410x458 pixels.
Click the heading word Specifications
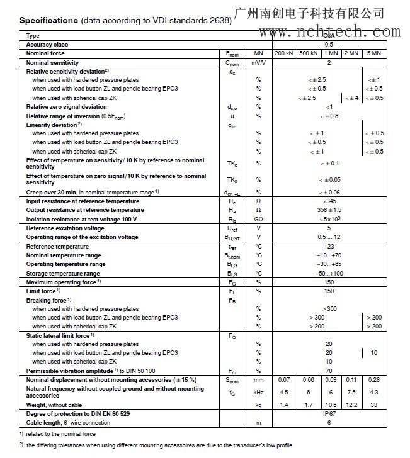[47, 21]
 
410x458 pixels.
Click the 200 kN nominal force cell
[284, 53]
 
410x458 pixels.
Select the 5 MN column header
[373, 53]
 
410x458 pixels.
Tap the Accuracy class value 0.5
[328, 45]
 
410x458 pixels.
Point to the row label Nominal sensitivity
[52, 63]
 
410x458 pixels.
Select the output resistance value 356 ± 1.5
[328, 209]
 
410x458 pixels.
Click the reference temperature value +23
[328, 247]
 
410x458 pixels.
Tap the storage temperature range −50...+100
[328, 274]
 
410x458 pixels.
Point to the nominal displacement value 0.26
[373, 380]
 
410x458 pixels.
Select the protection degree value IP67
[328, 414]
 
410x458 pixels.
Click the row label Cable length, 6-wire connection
[59, 423]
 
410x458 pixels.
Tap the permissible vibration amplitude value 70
[328, 371]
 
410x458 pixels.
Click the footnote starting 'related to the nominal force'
[60, 435]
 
